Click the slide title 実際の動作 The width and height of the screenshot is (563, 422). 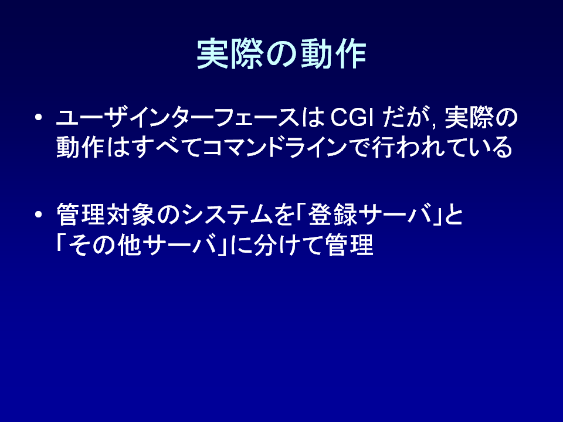pyautogui.click(x=281, y=54)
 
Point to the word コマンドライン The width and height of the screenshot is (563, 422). pyautogui.click(x=274, y=147)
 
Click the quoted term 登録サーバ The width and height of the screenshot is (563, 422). pyautogui.click(x=370, y=215)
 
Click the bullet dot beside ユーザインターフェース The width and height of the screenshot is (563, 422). pyautogui.click(x=39, y=118)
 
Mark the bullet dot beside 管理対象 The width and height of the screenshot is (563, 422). pyautogui.click(x=39, y=215)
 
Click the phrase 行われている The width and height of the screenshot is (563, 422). pyautogui.click(x=442, y=147)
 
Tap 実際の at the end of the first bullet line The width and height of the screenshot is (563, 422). pyautogui.click(x=481, y=118)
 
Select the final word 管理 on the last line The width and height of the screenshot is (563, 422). pyautogui.click(x=350, y=245)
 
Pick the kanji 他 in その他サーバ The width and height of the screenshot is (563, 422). pyautogui.click(x=128, y=245)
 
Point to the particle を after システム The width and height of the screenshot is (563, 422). pyautogui.click(x=284, y=215)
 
